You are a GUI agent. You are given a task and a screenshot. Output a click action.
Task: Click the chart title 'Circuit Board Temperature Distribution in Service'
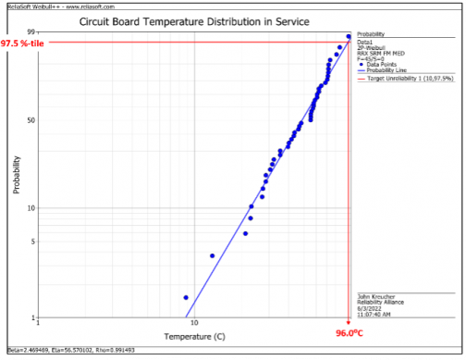point(193,20)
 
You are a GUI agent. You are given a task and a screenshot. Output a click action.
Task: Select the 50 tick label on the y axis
point(31,120)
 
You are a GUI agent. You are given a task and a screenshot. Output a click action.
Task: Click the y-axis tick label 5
point(32,242)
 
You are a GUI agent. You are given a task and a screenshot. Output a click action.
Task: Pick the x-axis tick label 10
point(194,324)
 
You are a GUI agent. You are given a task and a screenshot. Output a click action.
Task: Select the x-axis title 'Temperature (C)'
point(194,336)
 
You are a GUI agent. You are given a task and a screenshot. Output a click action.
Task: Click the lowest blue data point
point(186,298)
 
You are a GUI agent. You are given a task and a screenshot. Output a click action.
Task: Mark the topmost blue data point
point(349,37)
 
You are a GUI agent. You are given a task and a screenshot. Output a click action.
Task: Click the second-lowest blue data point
point(212,255)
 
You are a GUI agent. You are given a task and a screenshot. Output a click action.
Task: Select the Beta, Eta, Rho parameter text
point(70,350)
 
